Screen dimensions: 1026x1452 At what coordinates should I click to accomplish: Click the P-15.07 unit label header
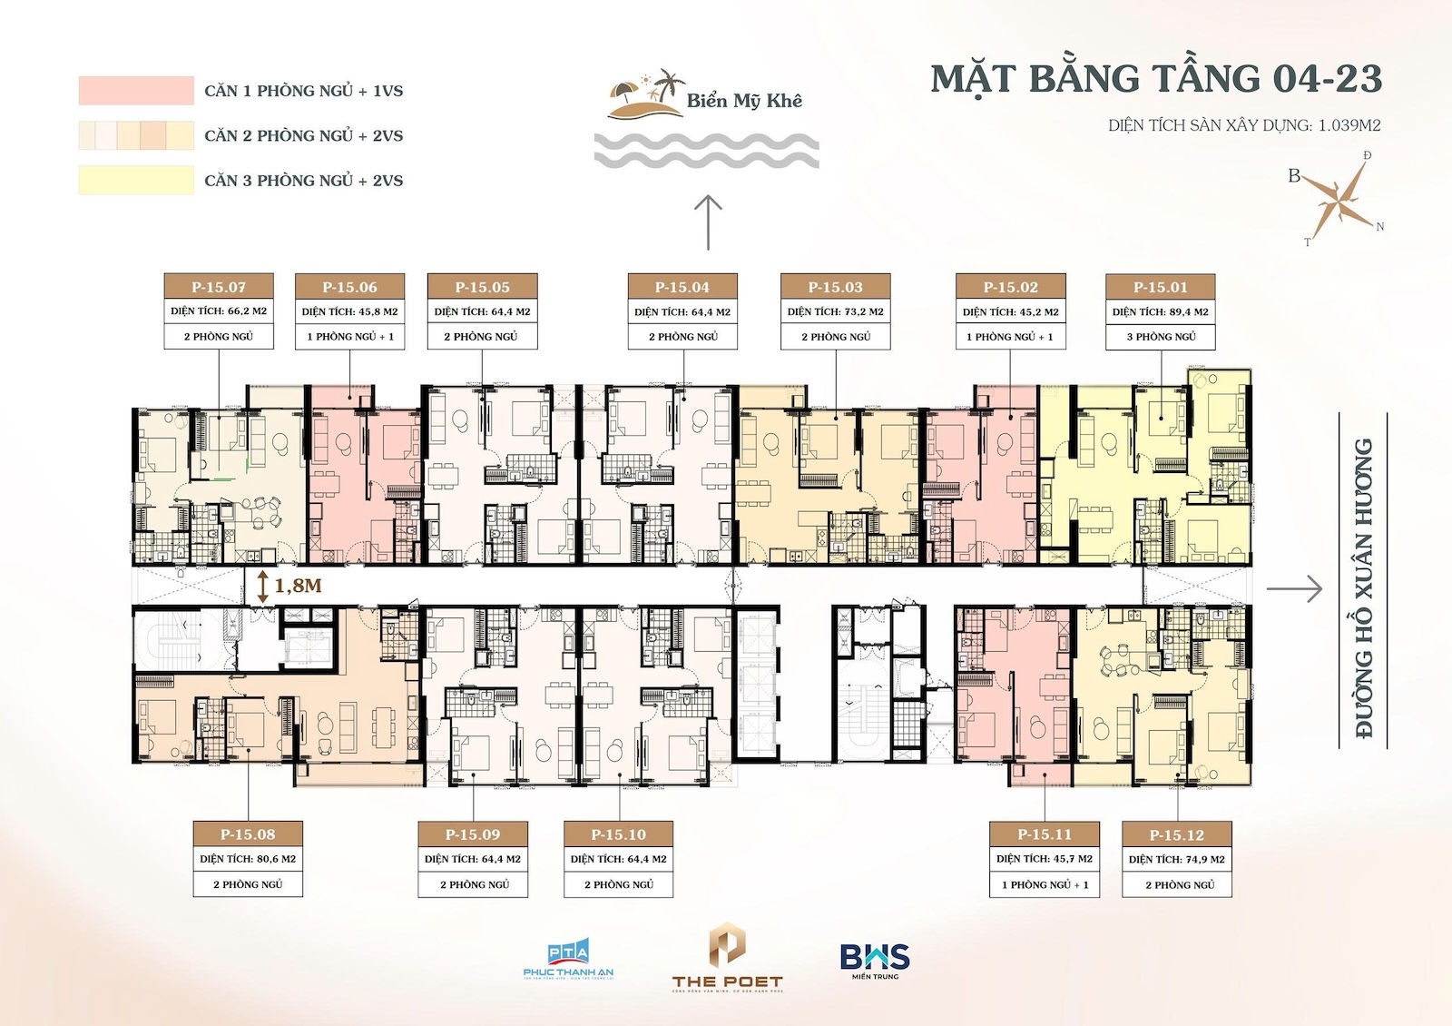(219, 287)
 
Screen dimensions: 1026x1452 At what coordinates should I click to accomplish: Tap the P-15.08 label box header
(248, 834)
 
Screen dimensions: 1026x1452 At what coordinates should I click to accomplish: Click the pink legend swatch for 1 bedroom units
(136, 91)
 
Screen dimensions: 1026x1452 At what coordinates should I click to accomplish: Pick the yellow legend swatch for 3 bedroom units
(136, 180)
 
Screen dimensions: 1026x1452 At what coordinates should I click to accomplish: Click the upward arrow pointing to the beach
(708, 222)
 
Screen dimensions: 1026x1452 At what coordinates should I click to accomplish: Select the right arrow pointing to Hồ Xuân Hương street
(1294, 589)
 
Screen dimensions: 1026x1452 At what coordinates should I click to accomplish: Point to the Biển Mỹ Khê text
(744, 101)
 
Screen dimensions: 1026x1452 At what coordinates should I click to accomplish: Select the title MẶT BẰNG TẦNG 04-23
(1156, 79)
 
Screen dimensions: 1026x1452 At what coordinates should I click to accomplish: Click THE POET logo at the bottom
(727, 959)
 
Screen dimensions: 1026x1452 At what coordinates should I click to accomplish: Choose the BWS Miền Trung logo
(875, 960)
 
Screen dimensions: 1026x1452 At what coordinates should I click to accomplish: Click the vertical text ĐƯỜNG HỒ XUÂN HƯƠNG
(1363, 588)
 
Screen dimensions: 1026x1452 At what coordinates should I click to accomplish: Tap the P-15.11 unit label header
(1045, 834)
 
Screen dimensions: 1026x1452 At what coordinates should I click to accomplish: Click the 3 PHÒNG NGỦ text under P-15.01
(1161, 337)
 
